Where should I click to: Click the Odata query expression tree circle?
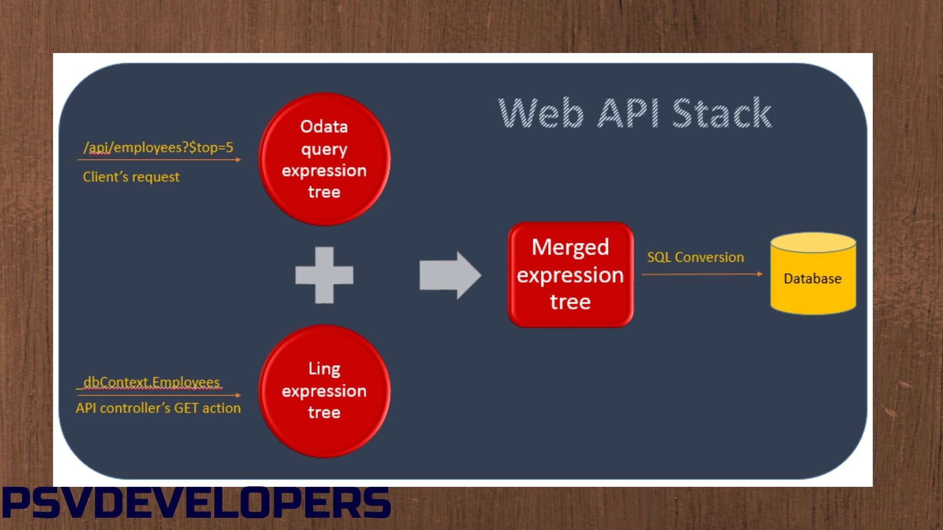pyautogui.click(x=324, y=159)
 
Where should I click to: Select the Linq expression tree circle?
pyautogui.click(x=324, y=391)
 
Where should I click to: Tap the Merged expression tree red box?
pyautogui.click(x=570, y=274)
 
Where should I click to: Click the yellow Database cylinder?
pyautogui.click(x=813, y=294)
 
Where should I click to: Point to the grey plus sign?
pyautogui.click(x=324, y=275)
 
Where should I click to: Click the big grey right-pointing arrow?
pyautogui.click(x=449, y=275)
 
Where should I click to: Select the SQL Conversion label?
pyautogui.click(x=695, y=257)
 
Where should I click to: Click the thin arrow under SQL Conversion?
pyautogui.click(x=702, y=274)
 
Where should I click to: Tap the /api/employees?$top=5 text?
pyautogui.click(x=158, y=147)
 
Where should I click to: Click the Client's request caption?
pyautogui.click(x=131, y=177)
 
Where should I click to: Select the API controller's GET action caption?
pyautogui.click(x=158, y=408)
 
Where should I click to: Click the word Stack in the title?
pyautogui.click(x=721, y=113)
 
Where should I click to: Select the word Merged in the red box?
pyautogui.click(x=570, y=247)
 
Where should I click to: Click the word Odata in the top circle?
pyautogui.click(x=324, y=127)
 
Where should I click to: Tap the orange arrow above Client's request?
pyautogui.click(x=159, y=159)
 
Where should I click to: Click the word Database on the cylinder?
pyautogui.click(x=812, y=279)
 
